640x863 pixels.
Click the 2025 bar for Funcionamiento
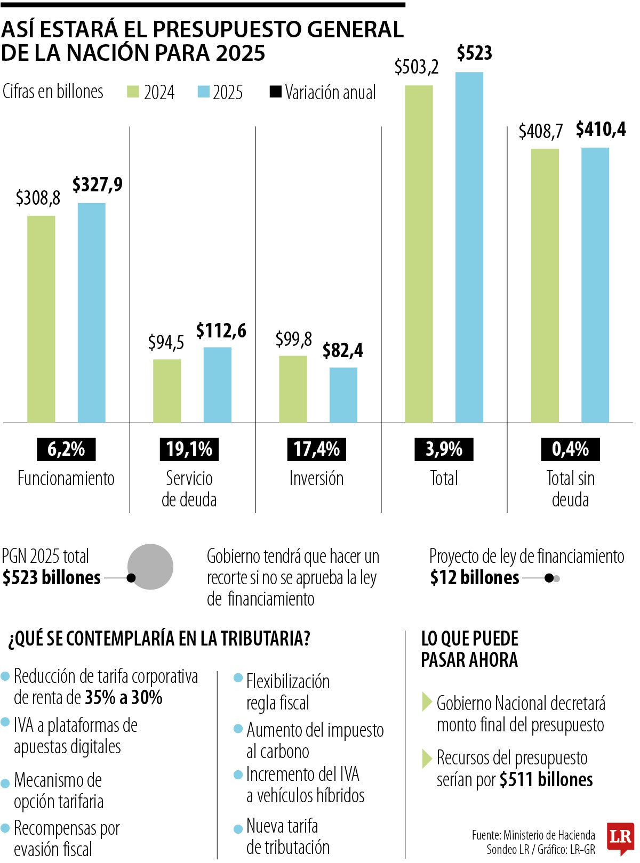pyautogui.click(x=92, y=313)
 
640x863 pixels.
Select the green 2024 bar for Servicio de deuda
pyautogui.click(x=167, y=391)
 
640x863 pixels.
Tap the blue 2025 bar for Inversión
pyautogui.click(x=343, y=395)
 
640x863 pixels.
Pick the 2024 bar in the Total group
pyautogui.click(x=419, y=254)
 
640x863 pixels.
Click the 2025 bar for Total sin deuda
pyautogui.click(x=595, y=285)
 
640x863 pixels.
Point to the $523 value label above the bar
pyautogui.click(x=474, y=53)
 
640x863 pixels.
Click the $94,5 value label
pyautogui.click(x=166, y=343)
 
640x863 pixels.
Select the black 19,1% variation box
pyautogui.click(x=189, y=449)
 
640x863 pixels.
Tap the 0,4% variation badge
pyautogui.click(x=570, y=449)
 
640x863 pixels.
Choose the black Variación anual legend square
pyautogui.click(x=275, y=92)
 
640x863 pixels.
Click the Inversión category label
pyautogui.click(x=316, y=478)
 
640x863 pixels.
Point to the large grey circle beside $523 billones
pyautogui.click(x=150, y=567)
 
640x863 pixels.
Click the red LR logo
pyautogui.click(x=621, y=838)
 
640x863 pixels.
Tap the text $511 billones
pyautogui.click(x=546, y=780)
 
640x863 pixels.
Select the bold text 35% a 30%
pyautogui.click(x=124, y=697)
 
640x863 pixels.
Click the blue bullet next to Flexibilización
pyautogui.click(x=238, y=678)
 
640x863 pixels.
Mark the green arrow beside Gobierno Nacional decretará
pyautogui.click(x=427, y=702)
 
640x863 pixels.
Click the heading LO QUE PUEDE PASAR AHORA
pyautogui.click(x=469, y=649)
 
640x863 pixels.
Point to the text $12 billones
pyautogui.click(x=475, y=578)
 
